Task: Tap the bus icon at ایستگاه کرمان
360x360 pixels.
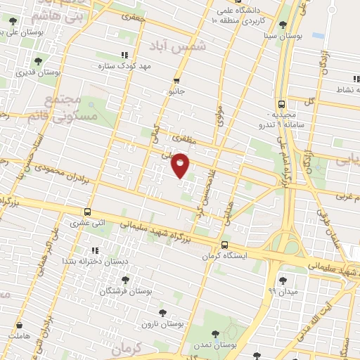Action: [x=224, y=245]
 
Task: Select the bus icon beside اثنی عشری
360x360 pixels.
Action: [x=87, y=212]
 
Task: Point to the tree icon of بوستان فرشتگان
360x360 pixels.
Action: [x=126, y=280]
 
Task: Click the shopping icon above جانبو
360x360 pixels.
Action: [x=176, y=80]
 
